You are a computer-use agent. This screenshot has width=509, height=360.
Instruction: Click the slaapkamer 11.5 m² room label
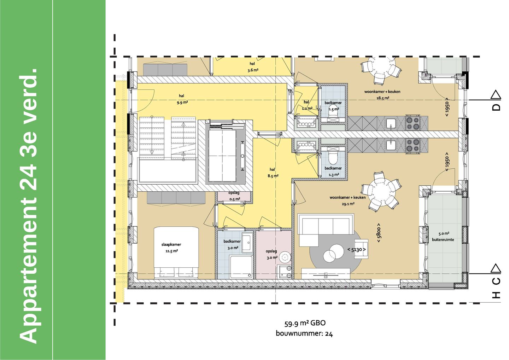point(171,248)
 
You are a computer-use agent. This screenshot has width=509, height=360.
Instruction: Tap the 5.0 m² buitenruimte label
point(443,237)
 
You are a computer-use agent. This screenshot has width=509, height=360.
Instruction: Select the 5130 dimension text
point(356,250)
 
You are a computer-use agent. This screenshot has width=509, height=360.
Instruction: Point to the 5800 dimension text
point(379,233)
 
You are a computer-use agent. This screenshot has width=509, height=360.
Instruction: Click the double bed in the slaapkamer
point(176,252)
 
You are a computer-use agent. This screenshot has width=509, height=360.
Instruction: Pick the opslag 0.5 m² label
point(234,196)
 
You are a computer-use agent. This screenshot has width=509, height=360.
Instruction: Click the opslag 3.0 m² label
point(271,254)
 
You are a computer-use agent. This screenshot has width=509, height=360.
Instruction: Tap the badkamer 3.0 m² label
point(232,244)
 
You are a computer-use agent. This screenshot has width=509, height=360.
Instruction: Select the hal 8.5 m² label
point(273,173)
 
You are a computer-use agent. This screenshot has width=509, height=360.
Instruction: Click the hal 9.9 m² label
point(182,99)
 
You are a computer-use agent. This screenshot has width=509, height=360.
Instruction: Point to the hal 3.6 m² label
point(252,67)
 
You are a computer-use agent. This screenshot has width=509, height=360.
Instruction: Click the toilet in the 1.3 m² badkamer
point(333,157)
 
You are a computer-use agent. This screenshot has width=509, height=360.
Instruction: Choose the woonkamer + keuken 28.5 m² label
point(382,95)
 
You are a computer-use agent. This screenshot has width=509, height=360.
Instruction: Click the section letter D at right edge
point(497,107)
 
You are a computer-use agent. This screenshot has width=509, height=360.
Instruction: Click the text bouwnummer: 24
point(304,333)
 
